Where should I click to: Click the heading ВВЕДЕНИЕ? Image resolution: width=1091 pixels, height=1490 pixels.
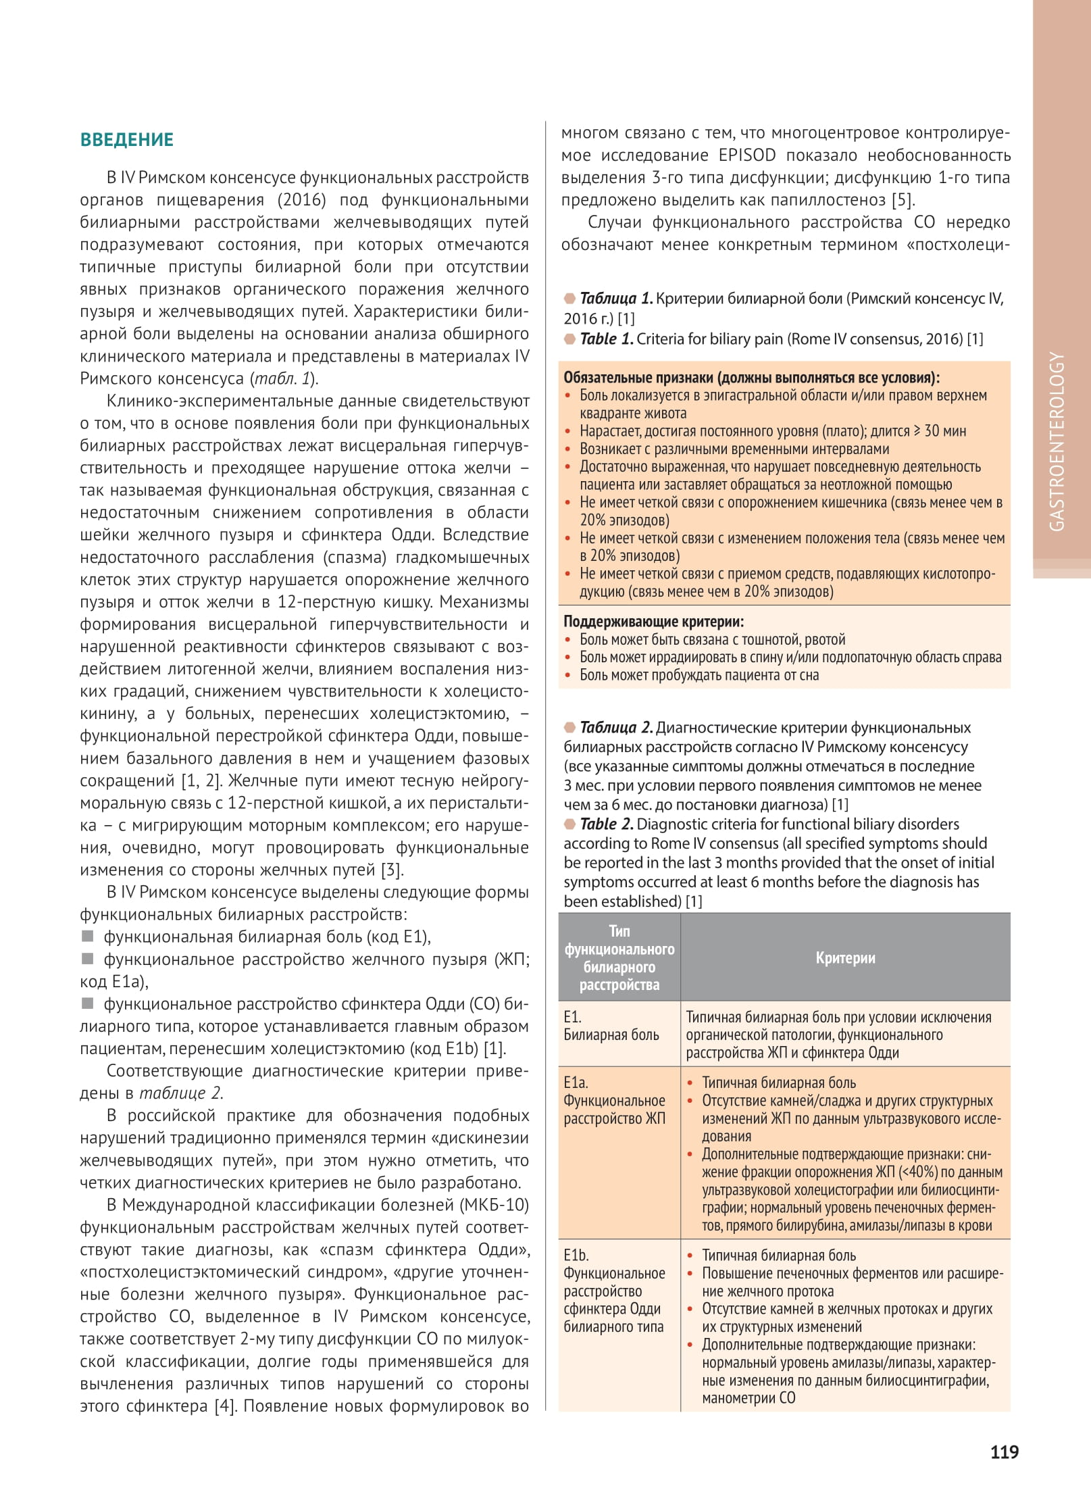[127, 140]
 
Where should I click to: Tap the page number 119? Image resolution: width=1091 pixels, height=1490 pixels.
[1005, 1452]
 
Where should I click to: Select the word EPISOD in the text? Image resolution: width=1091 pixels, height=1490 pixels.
[746, 155]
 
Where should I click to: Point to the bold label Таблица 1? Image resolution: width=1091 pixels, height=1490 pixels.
[616, 299]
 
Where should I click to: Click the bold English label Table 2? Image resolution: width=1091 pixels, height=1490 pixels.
[607, 824]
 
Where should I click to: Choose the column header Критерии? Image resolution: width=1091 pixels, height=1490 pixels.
[845, 958]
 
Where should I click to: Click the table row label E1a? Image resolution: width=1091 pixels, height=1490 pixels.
[576, 1083]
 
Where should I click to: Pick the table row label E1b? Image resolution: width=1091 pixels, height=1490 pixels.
[576, 1256]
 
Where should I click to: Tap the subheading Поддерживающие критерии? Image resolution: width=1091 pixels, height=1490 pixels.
[653, 622]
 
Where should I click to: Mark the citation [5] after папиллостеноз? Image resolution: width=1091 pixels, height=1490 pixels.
[903, 200]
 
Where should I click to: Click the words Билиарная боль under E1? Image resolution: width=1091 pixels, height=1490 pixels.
[611, 1035]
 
